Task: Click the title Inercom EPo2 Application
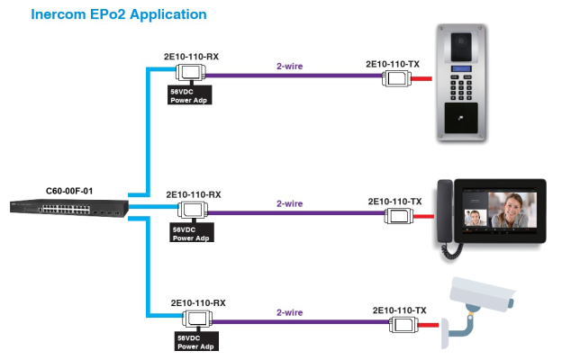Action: (x=119, y=14)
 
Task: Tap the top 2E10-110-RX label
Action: (x=191, y=56)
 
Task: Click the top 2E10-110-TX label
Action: (x=393, y=64)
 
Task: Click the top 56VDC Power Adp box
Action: (x=191, y=94)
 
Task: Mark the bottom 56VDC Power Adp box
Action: (x=197, y=341)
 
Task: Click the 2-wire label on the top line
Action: (x=290, y=66)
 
